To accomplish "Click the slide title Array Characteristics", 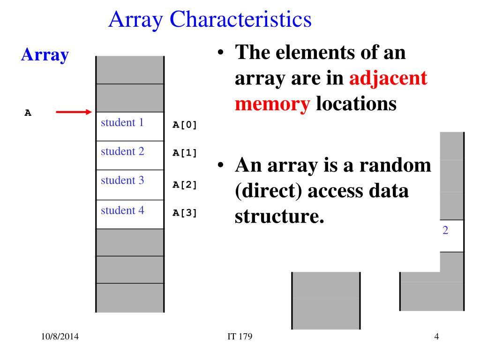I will tap(210, 19).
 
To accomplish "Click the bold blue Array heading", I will tap(45, 55).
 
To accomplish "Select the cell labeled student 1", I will tap(130, 126).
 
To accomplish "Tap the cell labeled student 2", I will tap(130, 155).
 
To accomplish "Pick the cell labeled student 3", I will tap(130, 184).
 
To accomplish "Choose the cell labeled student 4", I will tap(130, 214).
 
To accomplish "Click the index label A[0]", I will tap(185, 125).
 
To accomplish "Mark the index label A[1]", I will tap(185, 153).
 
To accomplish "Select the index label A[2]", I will tap(185, 184).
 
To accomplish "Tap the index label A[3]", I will tap(185, 213).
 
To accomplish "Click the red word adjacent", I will tap(389, 78).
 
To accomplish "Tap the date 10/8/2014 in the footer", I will tap(60, 337).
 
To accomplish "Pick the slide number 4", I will tap(436, 337).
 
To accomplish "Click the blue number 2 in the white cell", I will tap(445, 231).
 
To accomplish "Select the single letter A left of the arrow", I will tap(28, 112).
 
